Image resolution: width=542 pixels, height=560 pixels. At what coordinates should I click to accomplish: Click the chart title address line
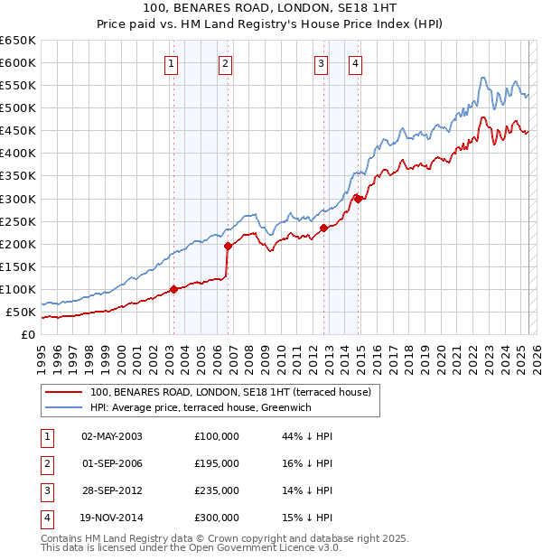(x=270, y=7)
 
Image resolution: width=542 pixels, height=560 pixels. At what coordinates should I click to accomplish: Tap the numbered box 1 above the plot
(x=171, y=63)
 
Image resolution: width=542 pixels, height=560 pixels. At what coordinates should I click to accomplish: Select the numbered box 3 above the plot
(x=321, y=63)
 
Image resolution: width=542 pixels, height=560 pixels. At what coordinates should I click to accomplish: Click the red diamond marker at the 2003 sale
(x=173, y=290)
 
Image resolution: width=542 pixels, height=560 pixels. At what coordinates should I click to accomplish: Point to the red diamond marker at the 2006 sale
(x=228, y=246)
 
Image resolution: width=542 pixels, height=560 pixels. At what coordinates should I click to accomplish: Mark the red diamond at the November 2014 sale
(x=359, y=199)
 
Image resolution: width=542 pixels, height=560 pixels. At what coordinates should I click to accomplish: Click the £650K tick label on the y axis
(x=18, y=41)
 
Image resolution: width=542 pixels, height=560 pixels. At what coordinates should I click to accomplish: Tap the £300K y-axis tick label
(x=18, y=199)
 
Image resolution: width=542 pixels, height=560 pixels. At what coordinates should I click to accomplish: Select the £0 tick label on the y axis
(x=27, y=335)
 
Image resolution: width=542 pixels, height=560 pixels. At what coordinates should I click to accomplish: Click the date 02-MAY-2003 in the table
(x=112, y=436)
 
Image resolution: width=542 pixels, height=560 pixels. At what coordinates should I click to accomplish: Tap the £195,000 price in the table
(x=217, y=463)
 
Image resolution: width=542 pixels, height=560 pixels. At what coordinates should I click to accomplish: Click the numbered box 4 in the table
(x=45, y=518)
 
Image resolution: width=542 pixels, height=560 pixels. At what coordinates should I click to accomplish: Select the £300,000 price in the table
(x=217, y=518)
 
